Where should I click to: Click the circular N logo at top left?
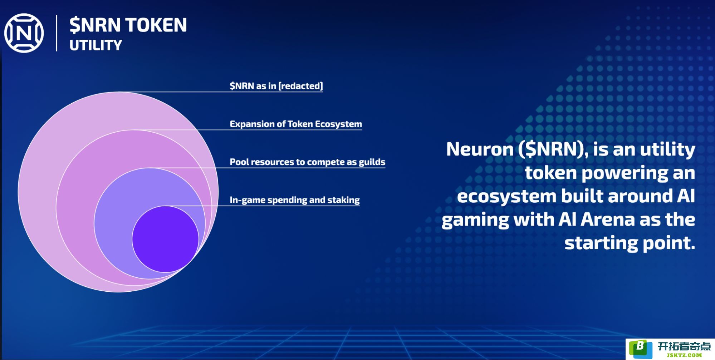(24, 33)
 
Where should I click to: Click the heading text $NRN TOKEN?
(128, 25)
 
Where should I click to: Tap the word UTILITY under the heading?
(96, 45)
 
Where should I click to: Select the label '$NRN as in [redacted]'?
(276, 86)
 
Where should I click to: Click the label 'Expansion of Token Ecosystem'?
(296, 124)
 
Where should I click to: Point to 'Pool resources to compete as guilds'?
(308, 162)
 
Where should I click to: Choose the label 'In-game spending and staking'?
(295, 200)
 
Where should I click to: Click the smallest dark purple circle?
(165, 239)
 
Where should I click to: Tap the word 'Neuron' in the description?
(480, 149)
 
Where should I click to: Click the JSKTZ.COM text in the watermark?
(684, 355)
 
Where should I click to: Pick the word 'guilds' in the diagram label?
(372, 162)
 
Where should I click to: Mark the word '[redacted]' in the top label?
(301, 86)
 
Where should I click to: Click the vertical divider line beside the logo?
(57, 33)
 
